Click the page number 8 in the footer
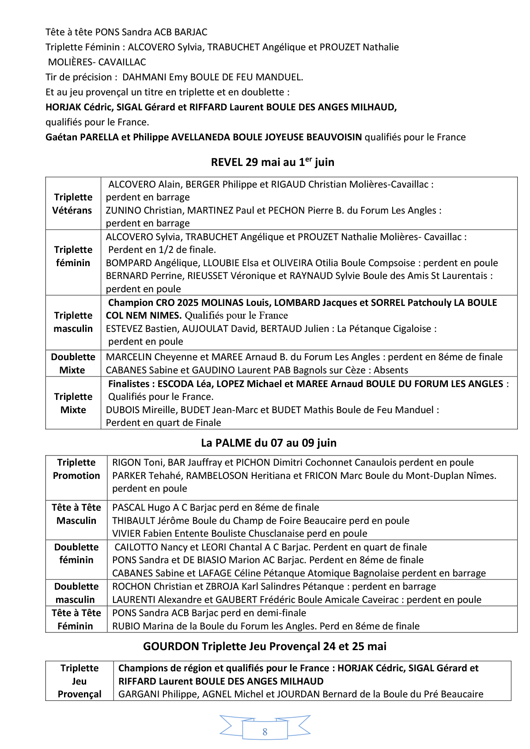point(265,732)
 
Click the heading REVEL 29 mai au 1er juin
point(273,162)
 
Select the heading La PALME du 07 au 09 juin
point(269,443)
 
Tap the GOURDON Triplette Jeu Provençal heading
point(265,646)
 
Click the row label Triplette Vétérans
point(73,203)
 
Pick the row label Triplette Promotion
point(76,469)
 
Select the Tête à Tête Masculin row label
point(76,514)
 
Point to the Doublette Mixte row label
point(73,363)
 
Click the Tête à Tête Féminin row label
point(76,619)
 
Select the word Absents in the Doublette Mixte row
point(390,370)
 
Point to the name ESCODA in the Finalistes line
point(175,384)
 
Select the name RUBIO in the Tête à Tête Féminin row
point(126,626)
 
